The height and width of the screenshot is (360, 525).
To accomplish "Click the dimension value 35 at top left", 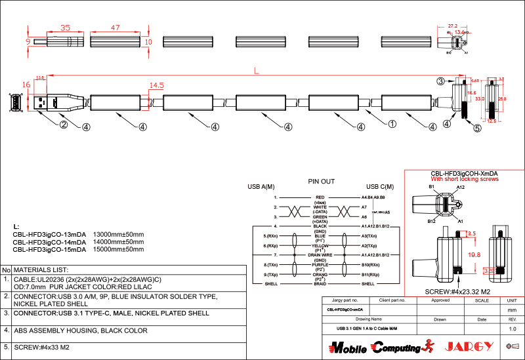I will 65,28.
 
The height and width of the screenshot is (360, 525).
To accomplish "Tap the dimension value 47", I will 115,28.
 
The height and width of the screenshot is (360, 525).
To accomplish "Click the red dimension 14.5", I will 156,86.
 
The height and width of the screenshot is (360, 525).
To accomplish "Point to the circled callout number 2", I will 64,125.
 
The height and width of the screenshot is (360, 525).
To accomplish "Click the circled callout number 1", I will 392,123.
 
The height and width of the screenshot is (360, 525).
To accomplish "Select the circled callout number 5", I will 477,128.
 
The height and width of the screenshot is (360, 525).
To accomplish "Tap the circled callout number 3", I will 441,81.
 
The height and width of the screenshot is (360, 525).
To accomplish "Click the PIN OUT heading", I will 322,181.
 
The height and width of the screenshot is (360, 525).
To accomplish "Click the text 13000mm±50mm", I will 119,234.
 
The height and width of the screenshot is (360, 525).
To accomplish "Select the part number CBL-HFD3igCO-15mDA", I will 49,250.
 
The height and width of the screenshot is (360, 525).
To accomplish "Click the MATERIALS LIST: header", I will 41,270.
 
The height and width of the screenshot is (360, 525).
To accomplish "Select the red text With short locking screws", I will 465,179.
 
